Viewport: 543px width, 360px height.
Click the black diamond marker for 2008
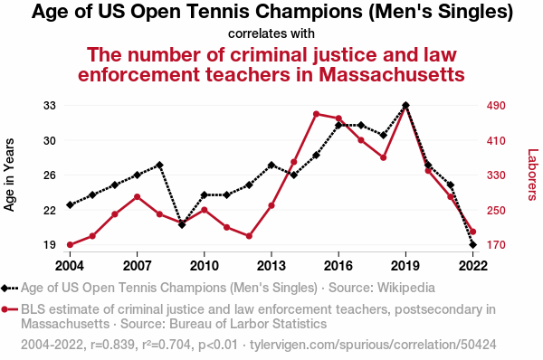pyautogui.click(x=159, y=165)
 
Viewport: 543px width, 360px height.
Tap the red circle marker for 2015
pyautogui.click(x=316, y=114)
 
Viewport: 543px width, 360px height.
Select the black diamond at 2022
pyautogui.click(x=472, y=245)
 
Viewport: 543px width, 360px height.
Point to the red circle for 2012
pyautogui.click(x=249, y=236)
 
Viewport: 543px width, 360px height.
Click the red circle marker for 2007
pyautogui.click(x=138, y=197)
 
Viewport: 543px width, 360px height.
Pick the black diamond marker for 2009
pyautogui.click(x=182, y=224)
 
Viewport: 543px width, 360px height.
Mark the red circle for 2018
pyautogui.click(x=384, y=157)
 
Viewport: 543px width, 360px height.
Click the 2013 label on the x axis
pyautogui.click(x=271, y=266)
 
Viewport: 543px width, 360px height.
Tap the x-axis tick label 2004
pyautogui.click(x=70, y=266)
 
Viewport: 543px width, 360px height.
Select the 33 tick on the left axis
pyautogui.click(x=50, y=105)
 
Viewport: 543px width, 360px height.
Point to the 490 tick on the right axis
pyautogui.click(x=496, y=105)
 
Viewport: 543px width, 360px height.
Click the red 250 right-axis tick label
pyautogui.click(x=496, y=210)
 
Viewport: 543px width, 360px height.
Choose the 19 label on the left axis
pyautogui.click(x=50, y=245)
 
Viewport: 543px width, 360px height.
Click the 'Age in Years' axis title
pyautogui.click(x=9, y=175)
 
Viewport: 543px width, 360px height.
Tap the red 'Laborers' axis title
pyautogui.click(x=533, y=175)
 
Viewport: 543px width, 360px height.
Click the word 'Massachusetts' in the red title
pyautogui.click(x=392, y=74)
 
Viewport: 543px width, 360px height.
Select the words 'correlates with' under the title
pyautogui.click(x=271, y=33)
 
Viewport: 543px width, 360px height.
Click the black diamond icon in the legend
pyautogui.click(x=5, y=288)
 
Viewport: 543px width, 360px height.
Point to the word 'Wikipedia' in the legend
pyautogui.click(x=405, y=288)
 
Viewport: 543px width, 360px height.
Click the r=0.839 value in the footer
pyautogui.click(x=112, y=345)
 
